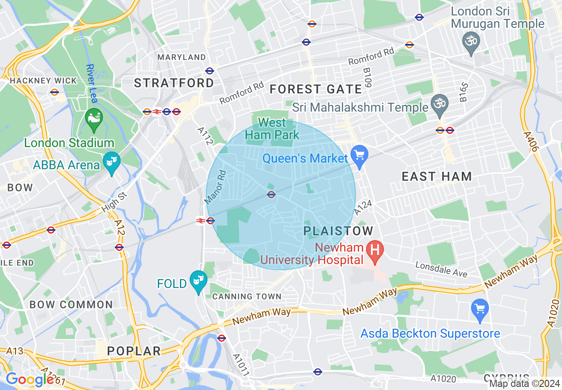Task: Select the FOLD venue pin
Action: pos(198,281)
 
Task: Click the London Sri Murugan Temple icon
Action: pos(471,42)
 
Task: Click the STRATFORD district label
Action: pos(174,83)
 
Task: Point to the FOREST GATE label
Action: pos(316,89)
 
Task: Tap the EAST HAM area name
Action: pos(437,176)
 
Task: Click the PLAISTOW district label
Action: pos(339,231)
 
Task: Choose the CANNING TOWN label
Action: pos(246,296)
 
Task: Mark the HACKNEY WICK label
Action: pos(43,81)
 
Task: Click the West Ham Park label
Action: pos(272,128)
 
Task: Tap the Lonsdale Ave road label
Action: pos(441,269)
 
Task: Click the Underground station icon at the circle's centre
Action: pos(271,194)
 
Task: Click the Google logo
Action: pos(30,379)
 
